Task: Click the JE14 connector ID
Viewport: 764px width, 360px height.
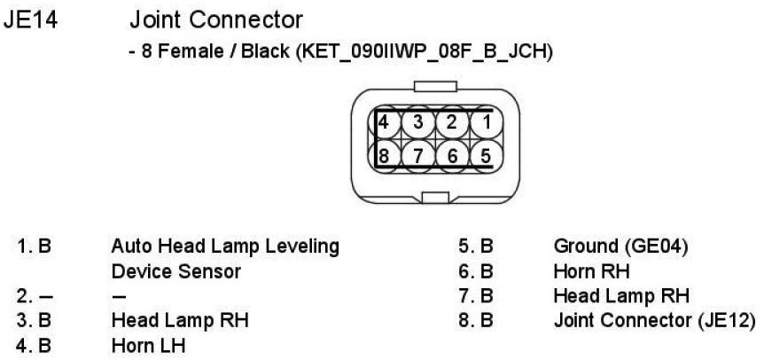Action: point(32,19)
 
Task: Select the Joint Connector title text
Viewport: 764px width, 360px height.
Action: point(215,19)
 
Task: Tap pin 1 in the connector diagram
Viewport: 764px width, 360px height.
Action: point(484,122)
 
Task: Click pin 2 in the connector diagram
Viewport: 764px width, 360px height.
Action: point(451,122)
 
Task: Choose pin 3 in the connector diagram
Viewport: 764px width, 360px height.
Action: point(418,122)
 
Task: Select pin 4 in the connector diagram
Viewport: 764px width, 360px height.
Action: point(386,122)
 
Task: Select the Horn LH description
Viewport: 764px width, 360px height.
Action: point(149,345)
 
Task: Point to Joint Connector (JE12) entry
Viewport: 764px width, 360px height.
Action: point(654,320)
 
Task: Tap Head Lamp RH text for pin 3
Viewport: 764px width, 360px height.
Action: point(179,320)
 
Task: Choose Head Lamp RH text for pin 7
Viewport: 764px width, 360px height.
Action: point(620,295)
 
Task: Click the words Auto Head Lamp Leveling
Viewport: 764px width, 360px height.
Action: point(225,246)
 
